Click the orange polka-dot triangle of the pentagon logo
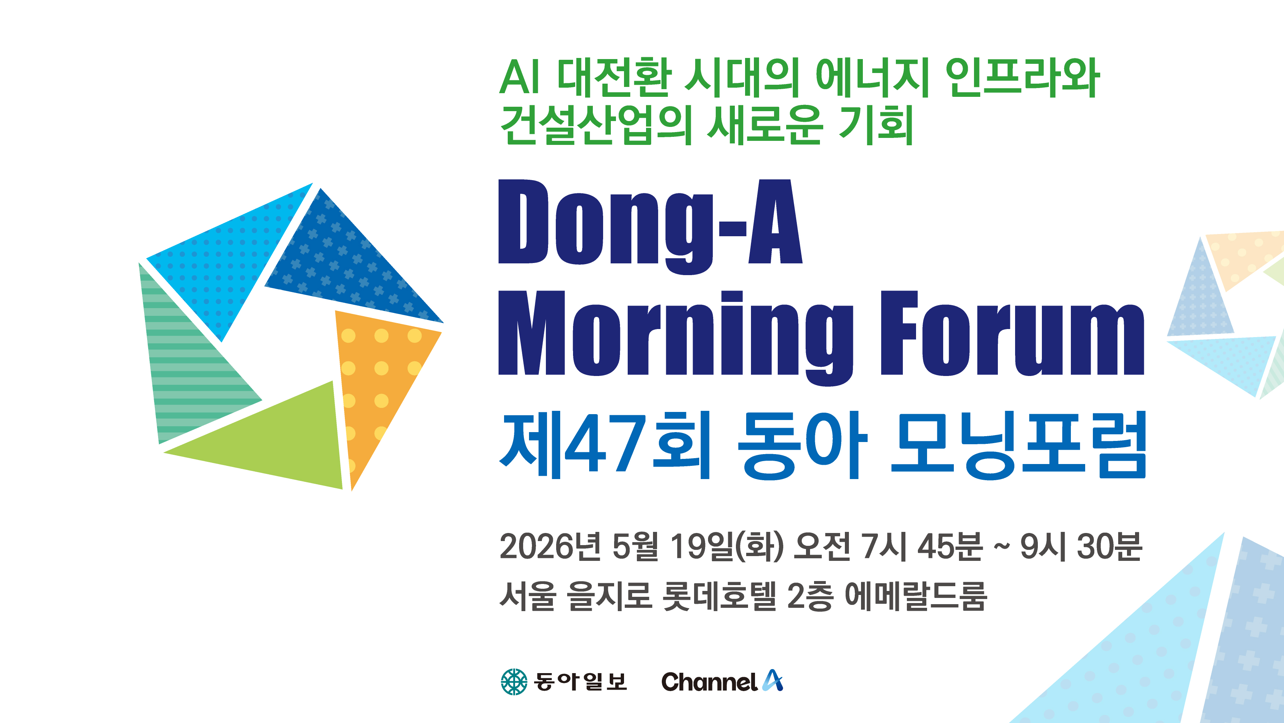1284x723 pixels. coord(374,379)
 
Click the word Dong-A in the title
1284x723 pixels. coord(650,227)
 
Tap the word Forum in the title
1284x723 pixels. coord(1012,333)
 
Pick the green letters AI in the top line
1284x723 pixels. coord(519,77)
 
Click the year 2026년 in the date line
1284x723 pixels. coord(550,546)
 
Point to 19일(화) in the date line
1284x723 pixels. coord(727,546)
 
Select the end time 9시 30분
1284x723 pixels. coord(1081,546)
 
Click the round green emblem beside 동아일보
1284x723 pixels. coord(514,682)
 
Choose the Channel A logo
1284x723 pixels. coord(722,681)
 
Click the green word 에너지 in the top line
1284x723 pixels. coord(872,78)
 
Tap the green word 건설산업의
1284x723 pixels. coord(596,125)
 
